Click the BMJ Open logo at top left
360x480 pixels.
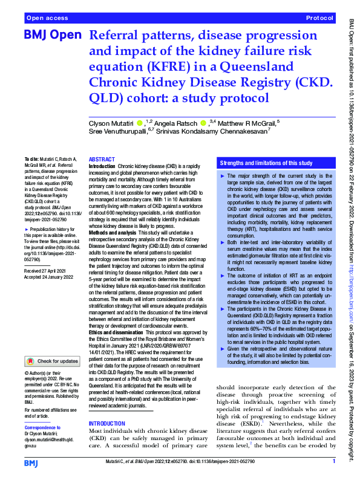pos(52,36)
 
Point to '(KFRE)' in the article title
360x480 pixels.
pos(171,66)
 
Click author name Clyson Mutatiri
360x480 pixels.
pos(111,123)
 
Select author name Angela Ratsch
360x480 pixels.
pos(176,123)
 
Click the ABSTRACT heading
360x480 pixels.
pos(102,158)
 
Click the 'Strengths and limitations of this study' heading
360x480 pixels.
pos(266,163)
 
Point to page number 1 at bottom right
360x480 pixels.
pos(334,462)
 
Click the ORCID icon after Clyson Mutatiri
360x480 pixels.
pos(140,123)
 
